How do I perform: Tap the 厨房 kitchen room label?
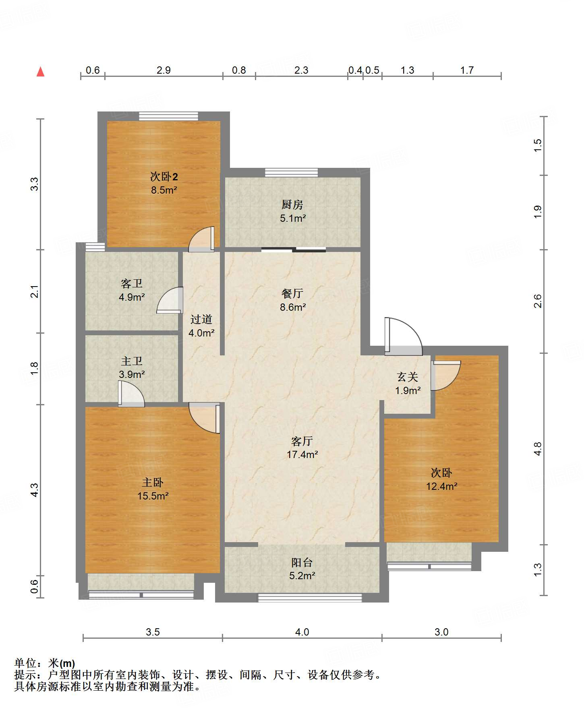tap(292, 204)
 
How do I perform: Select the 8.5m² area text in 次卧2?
tap(164, 190)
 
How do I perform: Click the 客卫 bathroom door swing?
tap(170, 299)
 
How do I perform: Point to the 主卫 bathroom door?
tap(131, 394)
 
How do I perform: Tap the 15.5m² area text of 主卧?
tap(153, 496)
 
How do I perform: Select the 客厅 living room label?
tap(302, 441)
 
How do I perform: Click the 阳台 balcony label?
tap(302, 562)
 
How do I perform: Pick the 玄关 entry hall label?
tap(408, 377)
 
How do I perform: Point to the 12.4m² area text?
tap(442, 486)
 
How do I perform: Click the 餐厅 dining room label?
tap(292, 293)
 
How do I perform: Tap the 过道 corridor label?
tap(201, 319)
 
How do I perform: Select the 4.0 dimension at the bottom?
tap(302, 632)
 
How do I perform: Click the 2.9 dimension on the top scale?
tap(164, 70)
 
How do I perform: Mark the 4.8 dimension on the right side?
tap(538, 449)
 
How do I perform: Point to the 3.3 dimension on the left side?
tap(35, 184)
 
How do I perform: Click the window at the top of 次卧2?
tap(169, 116)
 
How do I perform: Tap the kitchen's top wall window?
tap(292, 173)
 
